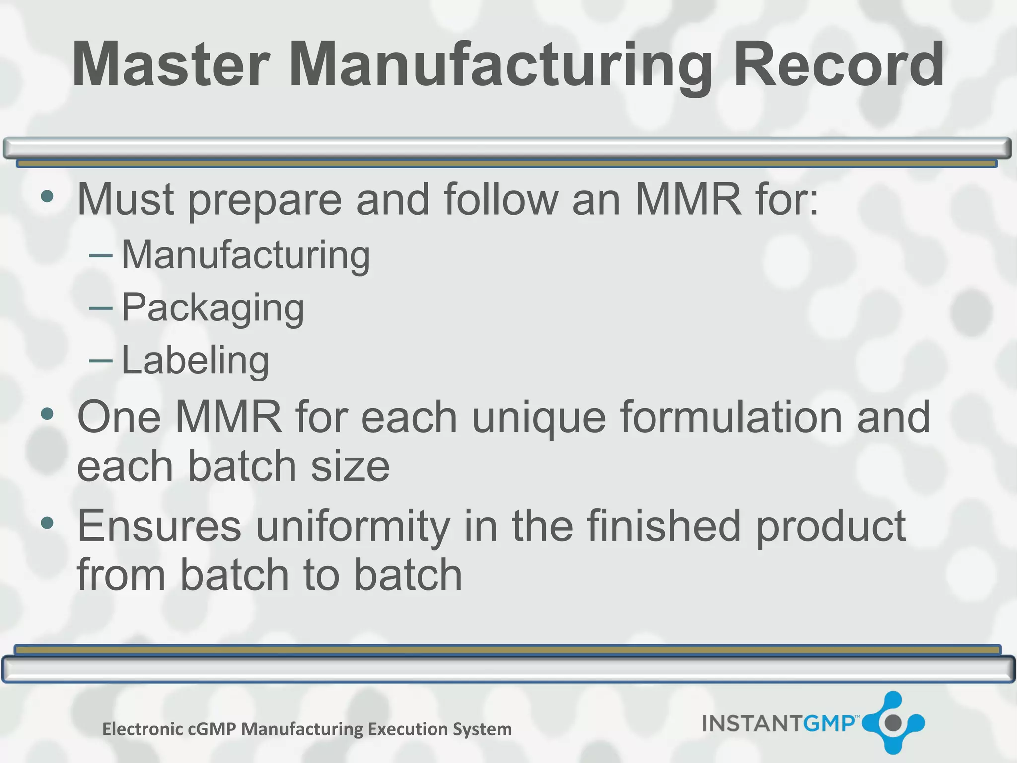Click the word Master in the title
(171, 65)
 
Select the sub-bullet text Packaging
(213, 308)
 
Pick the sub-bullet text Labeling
(195, 360)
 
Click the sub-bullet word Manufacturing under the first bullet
(246, 255)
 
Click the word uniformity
(353, 527)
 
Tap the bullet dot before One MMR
(47, 413)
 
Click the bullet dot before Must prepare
(47, 196)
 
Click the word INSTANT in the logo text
(752, 723)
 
